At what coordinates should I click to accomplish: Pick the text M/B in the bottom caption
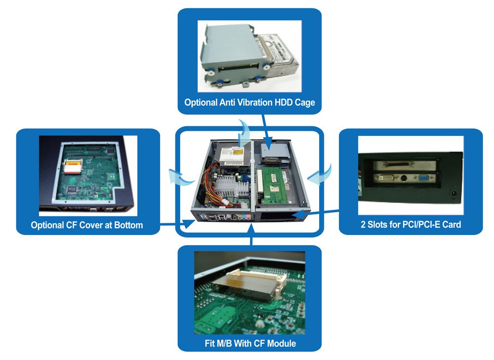(x=224, y=343)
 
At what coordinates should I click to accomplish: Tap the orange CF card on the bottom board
(x=73, y=166)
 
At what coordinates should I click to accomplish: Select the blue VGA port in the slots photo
(x=423, y=178)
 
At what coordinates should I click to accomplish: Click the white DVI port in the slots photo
(x=385, y=178)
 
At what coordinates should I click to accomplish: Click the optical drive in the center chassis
(x=232, y=157)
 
